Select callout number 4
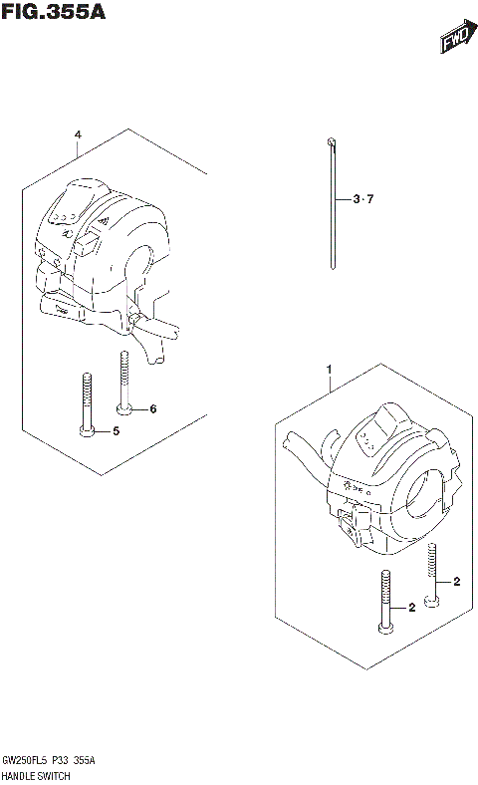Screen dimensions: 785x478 point(77,135)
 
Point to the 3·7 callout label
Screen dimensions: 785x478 point(362,199)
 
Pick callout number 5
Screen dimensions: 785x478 point(116,430)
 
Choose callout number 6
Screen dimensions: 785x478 point(153,408)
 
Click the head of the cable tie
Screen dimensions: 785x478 point(328,144)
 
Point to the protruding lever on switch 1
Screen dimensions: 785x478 point(303,444)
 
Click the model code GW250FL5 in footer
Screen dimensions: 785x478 point(26,759)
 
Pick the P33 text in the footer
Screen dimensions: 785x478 point(63,759)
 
